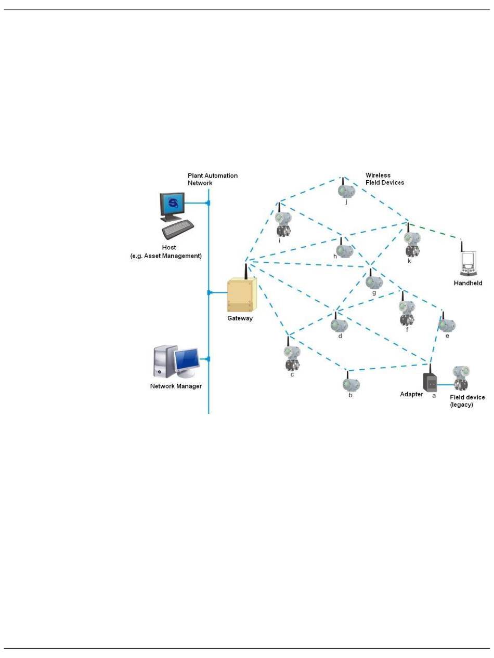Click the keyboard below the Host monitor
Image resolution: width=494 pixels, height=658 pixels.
178,228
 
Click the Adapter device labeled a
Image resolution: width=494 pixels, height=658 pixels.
430,382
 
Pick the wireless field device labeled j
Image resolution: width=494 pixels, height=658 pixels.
346,191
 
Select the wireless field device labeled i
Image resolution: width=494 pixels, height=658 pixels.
283,224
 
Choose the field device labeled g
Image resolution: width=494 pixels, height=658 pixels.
373,281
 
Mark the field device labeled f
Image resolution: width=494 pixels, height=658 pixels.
407,312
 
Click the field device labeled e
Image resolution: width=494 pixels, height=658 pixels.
446,325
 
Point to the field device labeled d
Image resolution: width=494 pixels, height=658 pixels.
339,325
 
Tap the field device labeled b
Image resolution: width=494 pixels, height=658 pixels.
351,384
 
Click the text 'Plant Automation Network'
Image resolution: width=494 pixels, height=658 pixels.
213,179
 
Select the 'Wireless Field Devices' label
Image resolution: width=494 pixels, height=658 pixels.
384,179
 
